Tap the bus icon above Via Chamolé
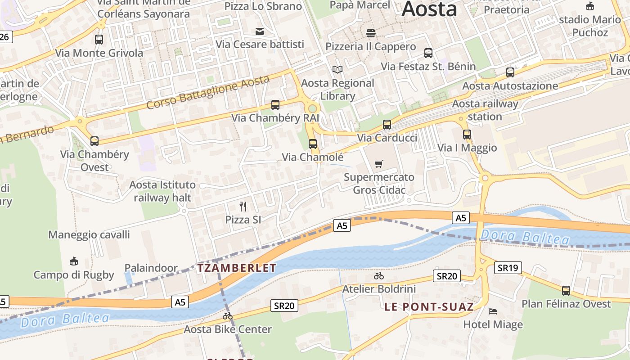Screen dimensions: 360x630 coord(313,144)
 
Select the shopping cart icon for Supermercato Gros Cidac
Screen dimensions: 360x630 coord(379,164)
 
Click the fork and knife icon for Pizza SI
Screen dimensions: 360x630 coord(243,207)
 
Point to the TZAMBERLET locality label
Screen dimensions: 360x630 coord(237,268)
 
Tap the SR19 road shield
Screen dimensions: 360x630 coord(508,268)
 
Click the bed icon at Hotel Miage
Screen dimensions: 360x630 coord(493,311)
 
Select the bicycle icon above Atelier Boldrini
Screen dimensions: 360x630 coord(379,276)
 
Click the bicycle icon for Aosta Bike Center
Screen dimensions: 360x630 coord(228,316)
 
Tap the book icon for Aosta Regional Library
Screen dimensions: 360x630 coord(337,70)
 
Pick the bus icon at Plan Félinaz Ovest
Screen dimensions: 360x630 coord(566,291)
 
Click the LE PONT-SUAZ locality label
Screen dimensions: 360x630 coord(429,307)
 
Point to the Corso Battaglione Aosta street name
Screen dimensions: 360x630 coord(208,92)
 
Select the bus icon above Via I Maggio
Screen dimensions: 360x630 coord(467,134)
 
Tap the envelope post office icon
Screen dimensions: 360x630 coord(260,31)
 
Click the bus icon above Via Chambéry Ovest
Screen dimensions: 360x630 coord(94,141)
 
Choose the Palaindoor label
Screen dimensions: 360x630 coord(151,268)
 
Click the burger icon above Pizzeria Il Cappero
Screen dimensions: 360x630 coord(371,33)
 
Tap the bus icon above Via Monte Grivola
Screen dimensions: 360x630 coord(99,40)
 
